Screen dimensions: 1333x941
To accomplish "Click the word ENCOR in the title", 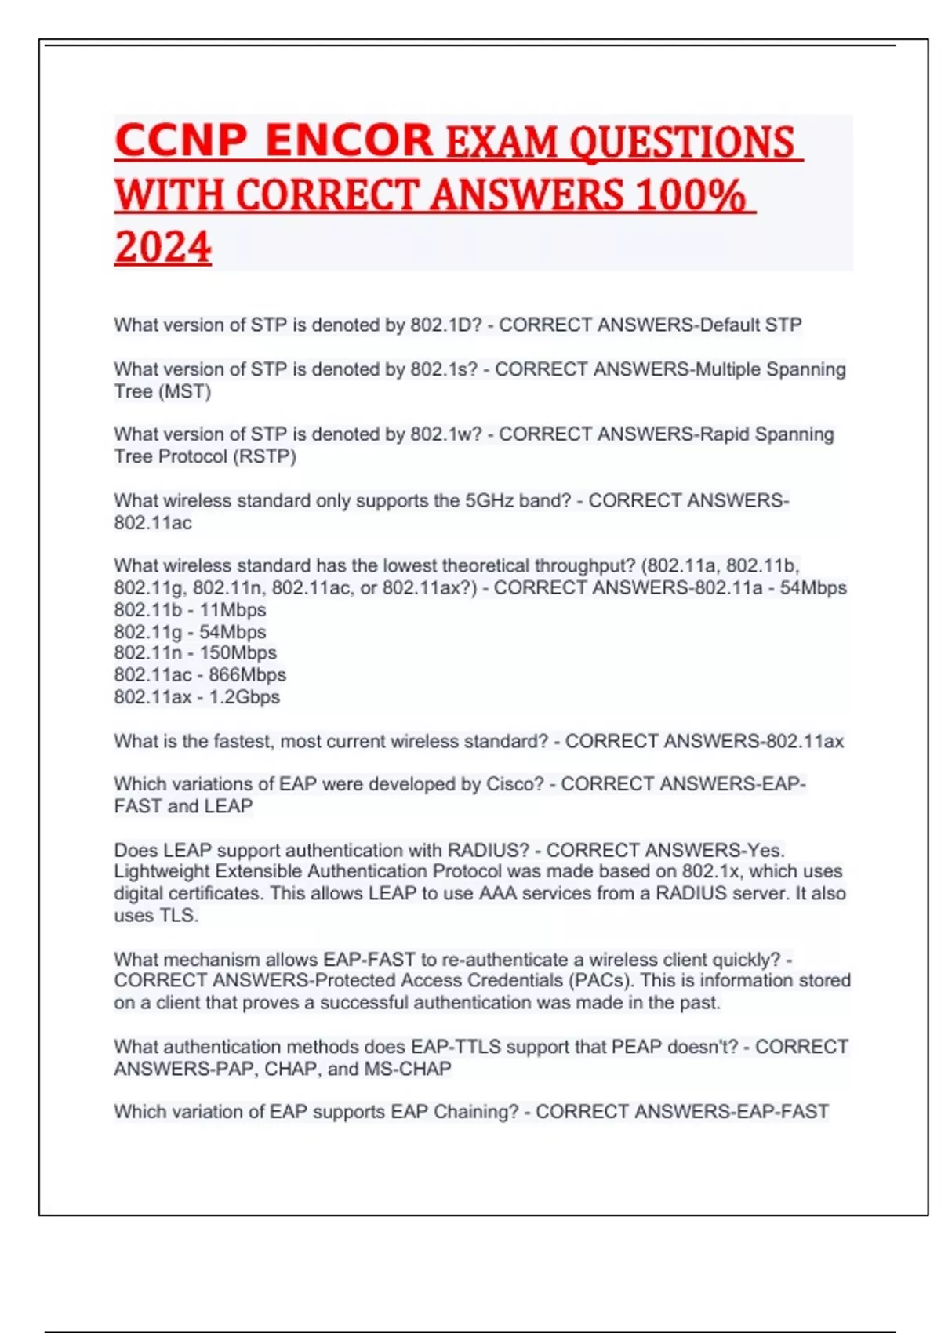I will [349, 141].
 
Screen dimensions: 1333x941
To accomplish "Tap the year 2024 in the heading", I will [163, 247].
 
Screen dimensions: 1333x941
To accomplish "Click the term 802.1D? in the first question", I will [445, 325].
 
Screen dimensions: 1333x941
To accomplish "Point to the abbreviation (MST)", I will [185, 391].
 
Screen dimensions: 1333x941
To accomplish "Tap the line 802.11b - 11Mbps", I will [190, 609].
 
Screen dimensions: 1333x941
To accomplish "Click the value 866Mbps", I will [247, 674].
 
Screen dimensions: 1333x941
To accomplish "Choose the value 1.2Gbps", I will [244, 696].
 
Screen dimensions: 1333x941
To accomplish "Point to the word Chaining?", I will [476, 1112].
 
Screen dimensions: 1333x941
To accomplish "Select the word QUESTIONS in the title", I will [681, 143].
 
